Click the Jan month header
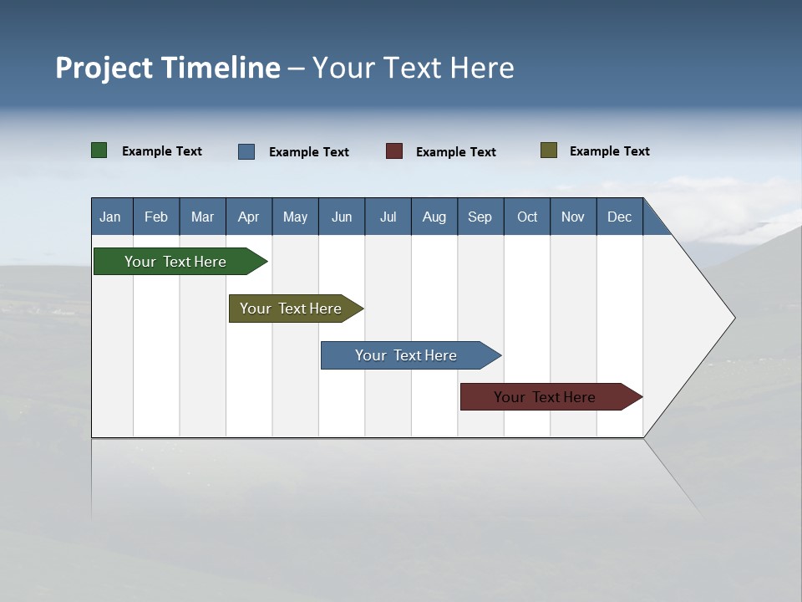click(110, 217)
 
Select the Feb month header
click(156, 217)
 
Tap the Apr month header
click(248, 217)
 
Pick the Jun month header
click(342, 217)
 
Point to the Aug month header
click(434, 217)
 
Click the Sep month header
click(480, 217)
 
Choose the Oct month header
click(527, 217)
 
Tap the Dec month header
click(619, 217)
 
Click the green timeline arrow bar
click(175, 262)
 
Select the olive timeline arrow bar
click(291, 309)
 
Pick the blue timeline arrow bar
click(406, 355)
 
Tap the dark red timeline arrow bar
click(545, 397)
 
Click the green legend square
click(99, 150)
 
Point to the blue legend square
click(246, 151)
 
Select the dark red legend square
click(394, 151)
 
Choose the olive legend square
click(549, 150)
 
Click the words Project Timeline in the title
click(168, 68)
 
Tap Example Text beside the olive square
click(609, 151)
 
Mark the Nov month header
click(573, 217)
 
